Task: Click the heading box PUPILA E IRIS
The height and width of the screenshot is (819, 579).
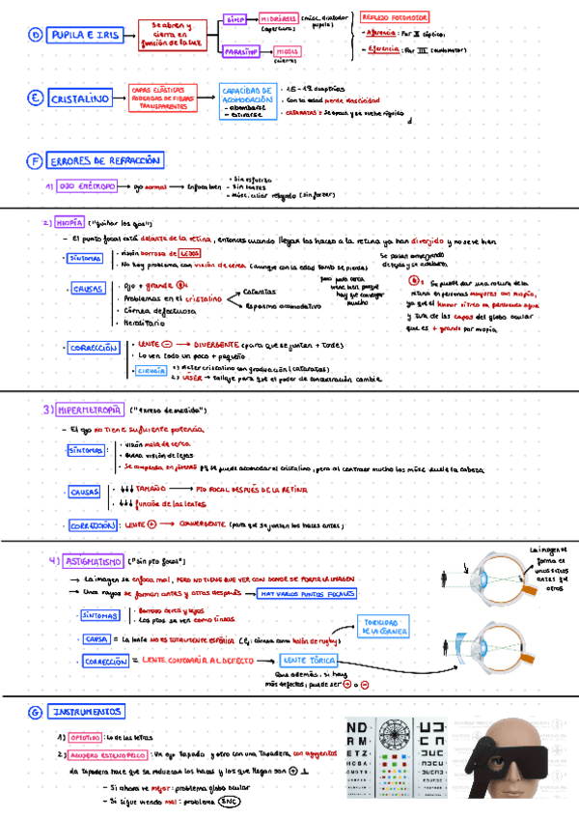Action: (86, 35)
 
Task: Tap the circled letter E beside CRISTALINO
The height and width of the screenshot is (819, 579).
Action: (35, 99)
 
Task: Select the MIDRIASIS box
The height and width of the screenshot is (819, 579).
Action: (280, 18)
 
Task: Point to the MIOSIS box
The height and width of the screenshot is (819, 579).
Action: (287, 52)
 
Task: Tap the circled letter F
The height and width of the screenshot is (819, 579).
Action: (35, 160)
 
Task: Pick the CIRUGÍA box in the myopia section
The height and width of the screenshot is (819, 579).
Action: (150, 369)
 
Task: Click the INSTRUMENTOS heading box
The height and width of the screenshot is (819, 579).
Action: (88, 712)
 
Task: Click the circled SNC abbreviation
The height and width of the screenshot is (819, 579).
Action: (229, 801)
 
